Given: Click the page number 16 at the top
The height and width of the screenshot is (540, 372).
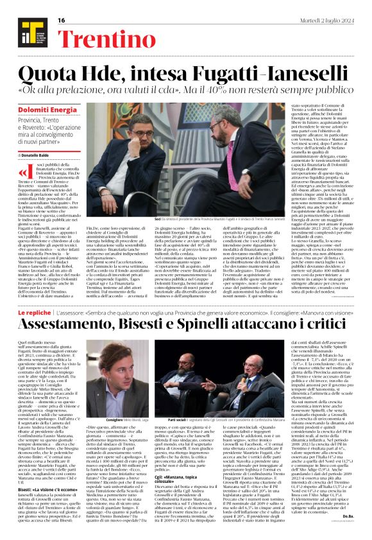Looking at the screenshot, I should pyautogui.click(x=62, y=21).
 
